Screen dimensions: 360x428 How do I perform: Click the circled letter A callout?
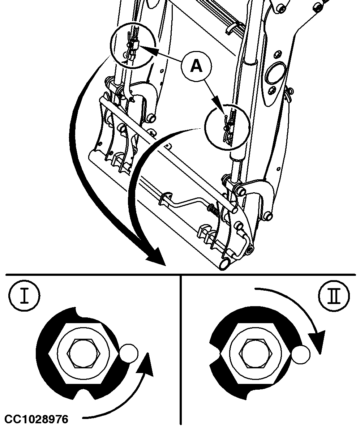point(196,66)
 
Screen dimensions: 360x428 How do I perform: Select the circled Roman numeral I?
point(24,296)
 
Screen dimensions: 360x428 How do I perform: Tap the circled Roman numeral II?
point(334,296)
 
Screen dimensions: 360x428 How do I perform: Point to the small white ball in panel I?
point(129,354)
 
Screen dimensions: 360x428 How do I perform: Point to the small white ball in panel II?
point(301,355)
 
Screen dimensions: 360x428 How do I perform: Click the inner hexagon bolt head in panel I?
point(84,353)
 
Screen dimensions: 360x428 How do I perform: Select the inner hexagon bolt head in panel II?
point(256,353)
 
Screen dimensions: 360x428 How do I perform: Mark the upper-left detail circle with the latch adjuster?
point(133,45)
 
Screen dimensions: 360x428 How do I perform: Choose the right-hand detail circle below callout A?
point(227,127)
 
